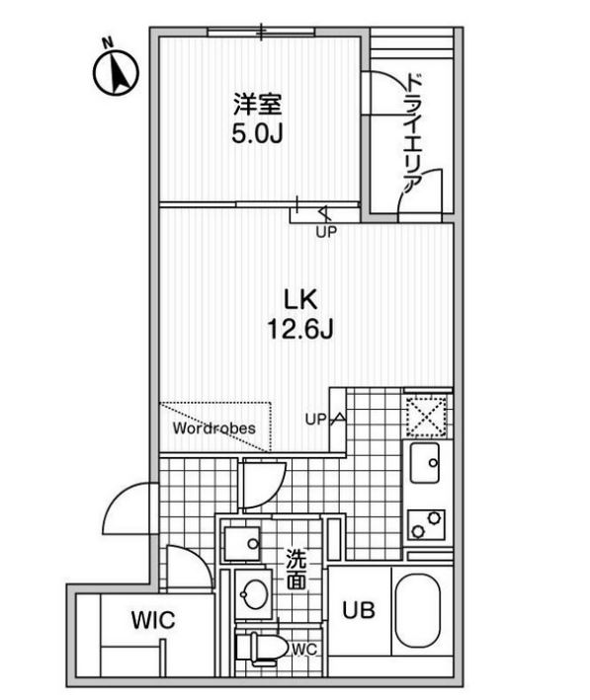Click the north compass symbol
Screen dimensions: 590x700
(116, 69)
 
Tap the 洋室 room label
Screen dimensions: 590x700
(258, 105)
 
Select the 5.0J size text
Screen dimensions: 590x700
(258, 133)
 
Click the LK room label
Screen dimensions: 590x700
(300, 299)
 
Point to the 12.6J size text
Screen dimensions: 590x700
(300, 330)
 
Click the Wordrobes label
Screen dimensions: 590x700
(214, 428)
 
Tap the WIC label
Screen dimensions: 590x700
(153, 620)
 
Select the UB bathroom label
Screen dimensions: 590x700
(359, 610)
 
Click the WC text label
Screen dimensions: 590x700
(304, 650)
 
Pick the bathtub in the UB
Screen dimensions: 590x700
(418, 610)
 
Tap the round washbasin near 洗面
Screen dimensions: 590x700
(254, 593)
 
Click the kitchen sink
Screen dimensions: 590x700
(425, 463)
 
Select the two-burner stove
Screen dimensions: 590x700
(426, 525)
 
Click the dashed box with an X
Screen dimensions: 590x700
(426, 416)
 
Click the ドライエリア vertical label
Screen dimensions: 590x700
(413, 134)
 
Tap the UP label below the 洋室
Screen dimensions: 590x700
(326, 232)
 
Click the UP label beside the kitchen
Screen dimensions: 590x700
(316, 420)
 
